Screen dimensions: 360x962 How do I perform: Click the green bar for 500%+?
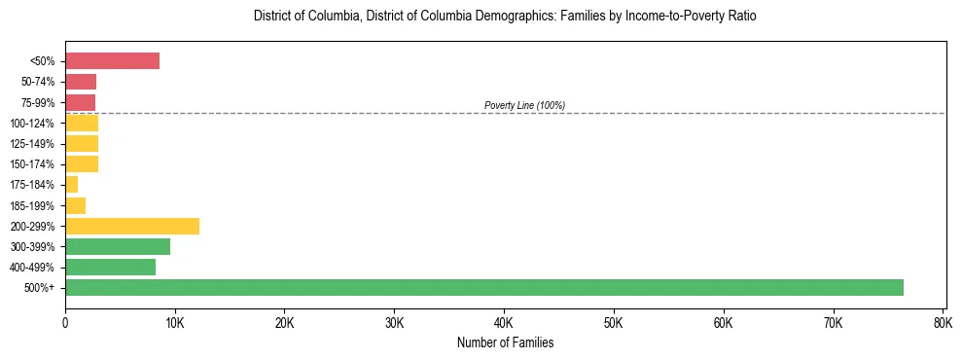tap(483, 287)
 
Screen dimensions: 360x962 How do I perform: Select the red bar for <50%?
tap(112, 61)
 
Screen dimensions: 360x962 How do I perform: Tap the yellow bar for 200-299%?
tap(132, 226)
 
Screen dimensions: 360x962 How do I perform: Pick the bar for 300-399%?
tap(118, 246)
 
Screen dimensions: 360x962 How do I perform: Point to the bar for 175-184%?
tap(71, 185)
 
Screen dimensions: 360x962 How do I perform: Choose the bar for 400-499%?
tap(110, 267)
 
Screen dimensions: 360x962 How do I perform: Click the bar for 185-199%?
tap(75, 205)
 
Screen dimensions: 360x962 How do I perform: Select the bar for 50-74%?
tap(81, 82)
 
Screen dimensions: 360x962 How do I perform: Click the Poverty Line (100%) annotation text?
tap(524, 105)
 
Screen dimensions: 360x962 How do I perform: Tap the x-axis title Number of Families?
tap(505, 342)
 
